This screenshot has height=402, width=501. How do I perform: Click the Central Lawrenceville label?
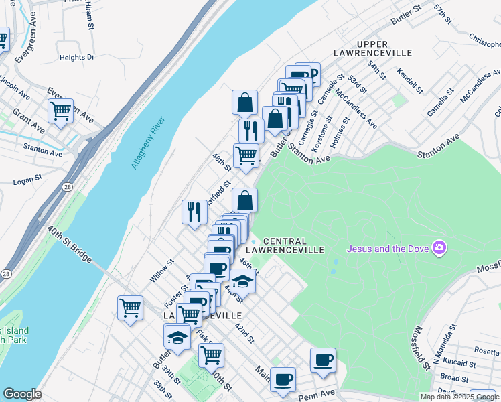pos(293,245)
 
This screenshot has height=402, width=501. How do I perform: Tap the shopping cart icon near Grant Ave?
pos(60,111)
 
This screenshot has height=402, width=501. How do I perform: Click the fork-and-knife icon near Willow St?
pos(194,212)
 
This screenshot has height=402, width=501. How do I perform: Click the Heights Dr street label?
pos(77,58)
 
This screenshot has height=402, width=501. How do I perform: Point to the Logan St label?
pos(27,180)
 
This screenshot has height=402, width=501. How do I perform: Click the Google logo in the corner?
pos(22,394)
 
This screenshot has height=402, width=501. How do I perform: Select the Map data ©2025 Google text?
pos(460,397)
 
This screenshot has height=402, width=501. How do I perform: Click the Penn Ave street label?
pos(316,395)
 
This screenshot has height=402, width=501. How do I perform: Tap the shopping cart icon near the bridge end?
pos(130,308)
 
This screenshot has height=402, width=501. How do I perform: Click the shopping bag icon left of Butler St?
pos(245,103)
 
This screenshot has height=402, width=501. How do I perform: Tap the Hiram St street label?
pos(88,18)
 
